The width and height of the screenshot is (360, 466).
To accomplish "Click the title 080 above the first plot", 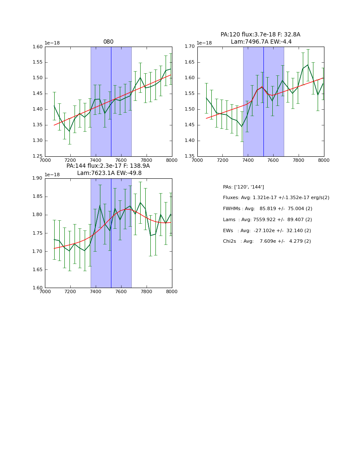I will [108, 42].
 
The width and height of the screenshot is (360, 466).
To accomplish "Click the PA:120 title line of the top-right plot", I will [260, 35].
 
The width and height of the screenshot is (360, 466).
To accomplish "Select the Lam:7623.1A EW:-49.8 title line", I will [109, 173].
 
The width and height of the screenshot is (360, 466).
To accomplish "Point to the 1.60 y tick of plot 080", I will [38, 47].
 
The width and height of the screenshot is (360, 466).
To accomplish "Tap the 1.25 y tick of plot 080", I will [38, 156].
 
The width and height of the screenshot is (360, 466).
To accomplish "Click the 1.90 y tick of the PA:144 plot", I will [38, 178].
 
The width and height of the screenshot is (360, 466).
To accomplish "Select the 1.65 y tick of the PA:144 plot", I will [38, 270].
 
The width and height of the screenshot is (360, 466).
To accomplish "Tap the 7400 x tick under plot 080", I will [96, 161].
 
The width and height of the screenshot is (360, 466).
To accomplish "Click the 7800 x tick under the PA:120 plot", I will [299, 161].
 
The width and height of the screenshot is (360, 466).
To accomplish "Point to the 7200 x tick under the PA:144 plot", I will [70, 292].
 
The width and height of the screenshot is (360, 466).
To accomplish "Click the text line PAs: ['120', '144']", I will [244, 187].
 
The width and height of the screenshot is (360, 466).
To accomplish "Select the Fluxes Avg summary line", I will [276, 198].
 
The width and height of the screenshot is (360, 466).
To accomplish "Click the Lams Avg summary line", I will [267, 220].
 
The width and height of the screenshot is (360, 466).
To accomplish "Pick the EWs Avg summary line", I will [267, 231].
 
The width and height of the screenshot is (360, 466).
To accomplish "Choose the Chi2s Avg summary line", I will [267, 241].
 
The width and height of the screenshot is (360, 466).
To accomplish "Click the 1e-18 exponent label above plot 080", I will [53, 43].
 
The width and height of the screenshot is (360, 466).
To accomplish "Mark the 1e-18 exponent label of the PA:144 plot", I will [53, 175].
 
